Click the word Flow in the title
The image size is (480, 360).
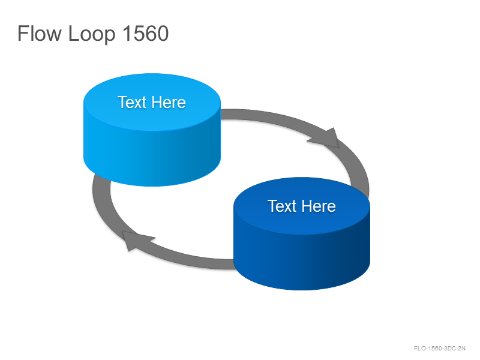(x=40, y=33)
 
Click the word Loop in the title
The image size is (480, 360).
(x=92, y=34)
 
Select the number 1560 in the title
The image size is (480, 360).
(x=146, y=33)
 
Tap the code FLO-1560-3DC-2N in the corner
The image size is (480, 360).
(x=440, y=349)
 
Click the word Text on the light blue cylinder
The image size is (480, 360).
(x=132, y=102)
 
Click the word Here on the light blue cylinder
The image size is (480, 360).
(x=169, y=102)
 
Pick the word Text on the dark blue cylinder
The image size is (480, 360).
(x=282, y=206)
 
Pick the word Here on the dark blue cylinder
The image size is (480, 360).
(x=319, y=206)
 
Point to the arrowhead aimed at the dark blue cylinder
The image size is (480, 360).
(x=326, y=139)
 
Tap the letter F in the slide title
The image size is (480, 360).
(x=23, y=33)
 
